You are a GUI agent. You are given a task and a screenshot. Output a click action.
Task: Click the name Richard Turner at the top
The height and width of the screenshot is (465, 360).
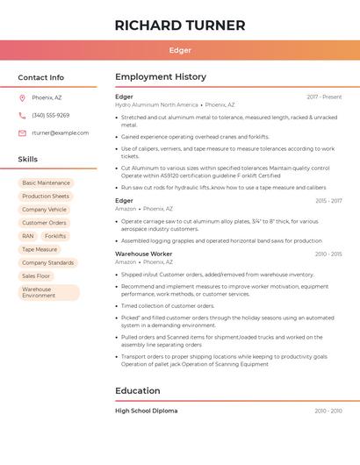click(180, 25)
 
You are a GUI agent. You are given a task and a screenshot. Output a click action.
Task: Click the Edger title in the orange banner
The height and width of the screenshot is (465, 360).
click(180, 50)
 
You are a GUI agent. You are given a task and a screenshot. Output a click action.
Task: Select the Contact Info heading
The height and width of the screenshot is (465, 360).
click(41, 77)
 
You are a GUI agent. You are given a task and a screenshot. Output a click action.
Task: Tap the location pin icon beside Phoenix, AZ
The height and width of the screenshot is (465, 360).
click(22, 97)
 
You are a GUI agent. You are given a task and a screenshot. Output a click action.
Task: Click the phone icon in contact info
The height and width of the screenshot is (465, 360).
click(22, 115)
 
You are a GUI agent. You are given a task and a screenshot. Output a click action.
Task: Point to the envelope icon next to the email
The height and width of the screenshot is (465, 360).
click(22, 132)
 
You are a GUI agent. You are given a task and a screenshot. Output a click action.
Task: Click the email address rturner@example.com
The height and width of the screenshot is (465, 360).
click(60, 132)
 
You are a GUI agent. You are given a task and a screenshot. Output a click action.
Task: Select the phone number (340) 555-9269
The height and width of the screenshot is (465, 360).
click(50, 115)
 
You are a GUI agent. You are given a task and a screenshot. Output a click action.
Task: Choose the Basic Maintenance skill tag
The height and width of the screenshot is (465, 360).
click(46, 183)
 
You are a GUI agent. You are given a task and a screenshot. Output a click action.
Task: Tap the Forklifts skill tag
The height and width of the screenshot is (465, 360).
click(55, 236)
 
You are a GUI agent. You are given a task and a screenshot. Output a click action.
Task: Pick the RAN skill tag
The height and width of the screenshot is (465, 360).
click(28, 236)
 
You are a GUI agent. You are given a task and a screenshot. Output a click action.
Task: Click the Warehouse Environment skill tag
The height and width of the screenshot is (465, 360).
click(48, 292)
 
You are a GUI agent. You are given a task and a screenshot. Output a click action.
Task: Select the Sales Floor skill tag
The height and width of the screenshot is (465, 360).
click(36, 275)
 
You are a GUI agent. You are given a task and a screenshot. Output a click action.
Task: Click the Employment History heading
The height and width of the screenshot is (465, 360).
click(161, 77)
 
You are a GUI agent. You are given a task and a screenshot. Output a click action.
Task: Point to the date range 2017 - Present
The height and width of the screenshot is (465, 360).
click(324, 97)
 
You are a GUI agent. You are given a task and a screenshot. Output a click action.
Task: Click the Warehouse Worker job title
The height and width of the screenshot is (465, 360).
click(144, 254)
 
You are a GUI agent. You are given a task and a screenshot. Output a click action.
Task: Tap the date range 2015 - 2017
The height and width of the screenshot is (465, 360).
click(328, 201)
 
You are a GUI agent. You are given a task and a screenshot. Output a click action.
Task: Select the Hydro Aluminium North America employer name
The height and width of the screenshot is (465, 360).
click(156, 104)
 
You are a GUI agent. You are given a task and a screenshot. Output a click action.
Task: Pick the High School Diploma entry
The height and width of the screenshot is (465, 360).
click(146, 411)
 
